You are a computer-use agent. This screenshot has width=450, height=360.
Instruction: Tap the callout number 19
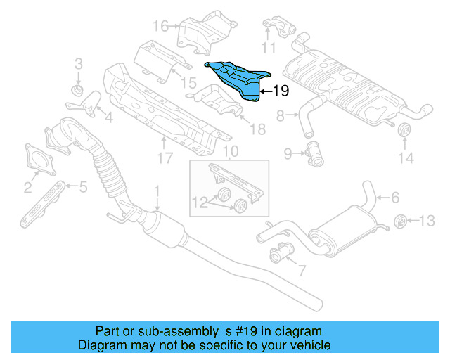point(280,91)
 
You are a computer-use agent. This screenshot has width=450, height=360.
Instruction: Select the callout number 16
point(161,26)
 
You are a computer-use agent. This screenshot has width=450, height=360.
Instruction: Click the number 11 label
point(269,48)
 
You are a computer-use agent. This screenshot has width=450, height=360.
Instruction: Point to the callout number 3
point(79,63)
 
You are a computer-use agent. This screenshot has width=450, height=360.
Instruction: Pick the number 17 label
point(165,160)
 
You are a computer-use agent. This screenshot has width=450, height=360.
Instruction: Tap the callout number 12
point(199,203)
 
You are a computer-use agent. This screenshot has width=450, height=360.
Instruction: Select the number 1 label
point(157,191)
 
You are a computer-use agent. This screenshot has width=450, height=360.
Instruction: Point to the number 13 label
point(427,221)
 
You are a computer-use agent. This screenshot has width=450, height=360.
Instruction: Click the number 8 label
point(280,115)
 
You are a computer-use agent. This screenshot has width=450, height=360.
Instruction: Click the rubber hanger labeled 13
point(399,221)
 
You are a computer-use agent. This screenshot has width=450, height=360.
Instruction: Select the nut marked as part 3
point(78,91)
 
